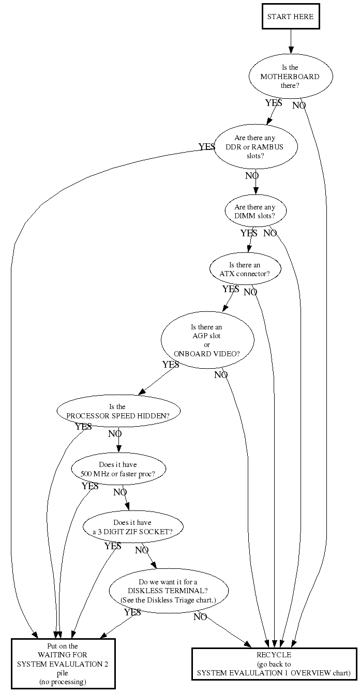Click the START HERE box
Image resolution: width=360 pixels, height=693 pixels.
pyautogui.click(x=291, y=17)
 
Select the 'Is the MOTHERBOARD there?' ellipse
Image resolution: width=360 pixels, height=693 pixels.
pyautogui.click(x=291, y=77)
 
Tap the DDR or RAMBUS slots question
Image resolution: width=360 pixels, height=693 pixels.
pyautogui.click(x=256, y=147)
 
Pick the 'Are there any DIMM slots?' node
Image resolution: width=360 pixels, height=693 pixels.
pyautogui.click(x=256, y=211)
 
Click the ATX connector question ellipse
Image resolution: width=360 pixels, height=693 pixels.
pyautogui.click(x=245, y=269)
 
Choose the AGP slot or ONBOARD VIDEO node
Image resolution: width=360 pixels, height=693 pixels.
pyautogui.click(x=207, y=340)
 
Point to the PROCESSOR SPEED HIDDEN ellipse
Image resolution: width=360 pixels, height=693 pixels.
pyautogui.click(x=118, y=411)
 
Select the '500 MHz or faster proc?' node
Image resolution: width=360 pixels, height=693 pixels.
pyautogui.click(x=118, y=469)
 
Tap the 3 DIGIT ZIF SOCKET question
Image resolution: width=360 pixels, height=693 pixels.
pyautogui.click(x=133, y=526)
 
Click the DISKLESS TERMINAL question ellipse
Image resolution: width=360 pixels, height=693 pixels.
pyautogui.click(x=169, y=591)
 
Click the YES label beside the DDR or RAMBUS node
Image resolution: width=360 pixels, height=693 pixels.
pyautogui.click(x=207, y=146)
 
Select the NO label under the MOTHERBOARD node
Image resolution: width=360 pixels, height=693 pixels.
pyautogui.click(x=299, y=106)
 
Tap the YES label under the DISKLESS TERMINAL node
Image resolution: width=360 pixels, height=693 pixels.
pyautogui.click(x=132, y=612)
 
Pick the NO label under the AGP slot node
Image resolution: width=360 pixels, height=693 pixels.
pyautogui.click(x=221, y=374)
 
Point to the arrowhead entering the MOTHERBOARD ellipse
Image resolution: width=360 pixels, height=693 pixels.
pyautogui.click(x=291, y=51)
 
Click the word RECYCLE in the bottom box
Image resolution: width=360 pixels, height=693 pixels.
pyautogui.click(x=274, y=655)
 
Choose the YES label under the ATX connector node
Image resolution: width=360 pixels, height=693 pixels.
pyautogui.click(x=231, y=289)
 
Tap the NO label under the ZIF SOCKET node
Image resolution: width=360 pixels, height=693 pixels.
pyautogui.click(x=142, y=550)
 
